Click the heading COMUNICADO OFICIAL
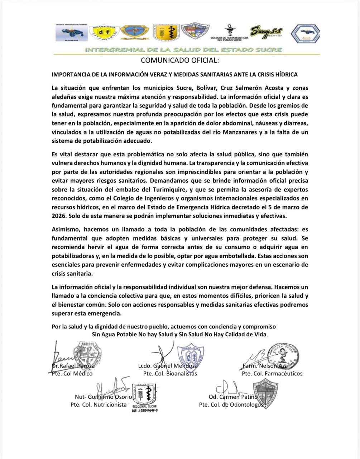(179, 60)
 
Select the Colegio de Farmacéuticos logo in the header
(229, 34)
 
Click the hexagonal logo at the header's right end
(305, 34)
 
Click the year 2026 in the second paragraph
(58, 216)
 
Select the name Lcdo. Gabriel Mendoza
(168, 366)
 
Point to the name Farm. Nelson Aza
(265, 366)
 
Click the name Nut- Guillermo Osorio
(104, 397)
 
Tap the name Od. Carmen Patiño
(233, 397)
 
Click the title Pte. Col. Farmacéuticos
(272, 374)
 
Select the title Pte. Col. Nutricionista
(99, 404)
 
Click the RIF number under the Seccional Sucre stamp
(144, 411)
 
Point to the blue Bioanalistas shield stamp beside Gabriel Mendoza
(190, 355)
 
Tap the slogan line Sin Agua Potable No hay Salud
(179, 334)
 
